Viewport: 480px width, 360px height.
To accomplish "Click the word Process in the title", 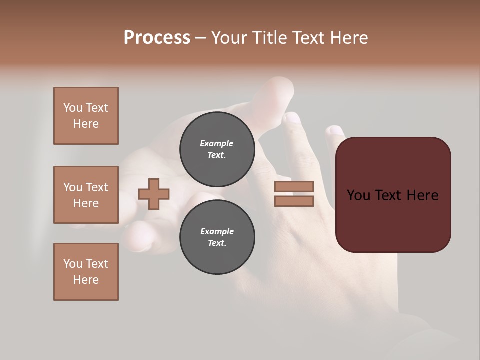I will (x=157, y=38).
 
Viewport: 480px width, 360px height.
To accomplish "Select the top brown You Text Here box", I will (x=86, y=116).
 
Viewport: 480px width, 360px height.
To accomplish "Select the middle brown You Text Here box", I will (x=86, y=195).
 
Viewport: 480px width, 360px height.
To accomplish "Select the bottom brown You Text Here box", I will (x=86, y=272).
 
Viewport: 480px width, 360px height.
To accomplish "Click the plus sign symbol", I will (x=154, y=194).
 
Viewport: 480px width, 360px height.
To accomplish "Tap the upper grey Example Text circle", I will (x=217, y=149).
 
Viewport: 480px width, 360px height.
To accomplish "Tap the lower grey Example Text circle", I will (x=217, y=237).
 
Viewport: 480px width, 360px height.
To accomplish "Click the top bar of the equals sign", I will (x=294, y=187).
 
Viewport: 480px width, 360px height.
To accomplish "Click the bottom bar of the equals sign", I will (x=294, y=201).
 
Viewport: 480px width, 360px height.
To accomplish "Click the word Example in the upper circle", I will (x=217, y=143).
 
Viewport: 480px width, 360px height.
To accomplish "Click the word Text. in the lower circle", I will (x=217, y=243).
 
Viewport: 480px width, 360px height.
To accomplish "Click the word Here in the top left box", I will (x=86, y=124).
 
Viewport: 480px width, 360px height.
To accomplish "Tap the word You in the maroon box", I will (x=358, y=195).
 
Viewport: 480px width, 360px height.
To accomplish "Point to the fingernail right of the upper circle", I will (x=291, y=118).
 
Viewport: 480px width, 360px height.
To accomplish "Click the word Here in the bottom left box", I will (x=86, y=280).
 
